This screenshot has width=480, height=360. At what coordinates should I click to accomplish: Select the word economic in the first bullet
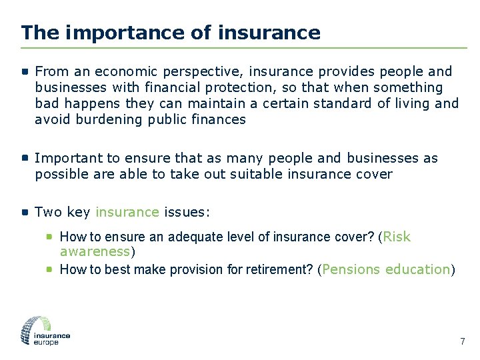[123, 71]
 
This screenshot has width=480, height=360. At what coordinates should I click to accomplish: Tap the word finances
[217, 119]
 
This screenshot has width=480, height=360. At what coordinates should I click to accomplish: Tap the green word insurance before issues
[127, 212]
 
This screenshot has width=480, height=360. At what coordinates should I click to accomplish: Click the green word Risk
[397, 237]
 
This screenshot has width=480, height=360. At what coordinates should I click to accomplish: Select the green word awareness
[95, 251]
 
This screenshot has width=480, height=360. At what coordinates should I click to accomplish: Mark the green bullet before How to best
[50, 269]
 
